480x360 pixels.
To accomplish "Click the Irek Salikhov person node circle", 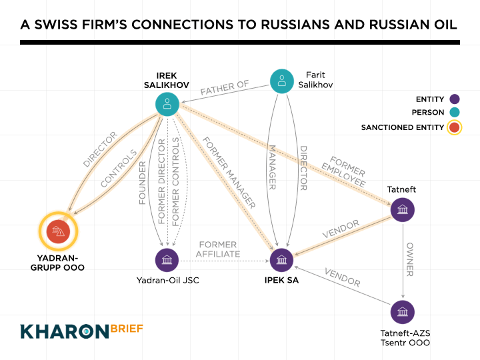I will coord(167,103).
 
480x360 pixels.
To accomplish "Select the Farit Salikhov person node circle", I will coord(282,81).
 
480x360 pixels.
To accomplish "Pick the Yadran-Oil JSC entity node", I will coord(167,260).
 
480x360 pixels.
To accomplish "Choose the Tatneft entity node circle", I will coord(403,211).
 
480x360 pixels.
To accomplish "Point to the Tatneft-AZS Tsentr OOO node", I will coord(403,312).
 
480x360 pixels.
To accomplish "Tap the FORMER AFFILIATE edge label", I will coord(217,249).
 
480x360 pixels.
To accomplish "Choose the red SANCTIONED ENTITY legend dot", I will coord(454,127).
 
